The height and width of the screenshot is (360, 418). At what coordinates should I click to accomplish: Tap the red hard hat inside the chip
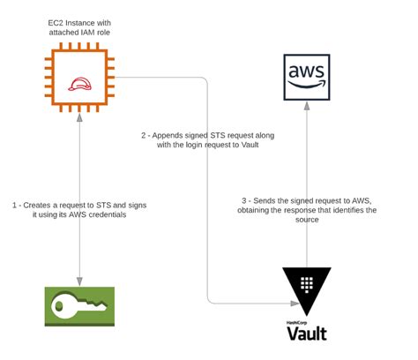point(79,84)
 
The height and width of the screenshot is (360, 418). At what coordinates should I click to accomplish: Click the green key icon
point(79,306)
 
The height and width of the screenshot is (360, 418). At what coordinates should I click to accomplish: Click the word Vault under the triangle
point(307,334)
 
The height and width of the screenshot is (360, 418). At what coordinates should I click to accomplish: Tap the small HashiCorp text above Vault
point(296,323)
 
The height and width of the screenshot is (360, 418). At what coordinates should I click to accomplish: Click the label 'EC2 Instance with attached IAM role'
point(79,27)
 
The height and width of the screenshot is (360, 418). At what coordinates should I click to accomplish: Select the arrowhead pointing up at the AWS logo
point(307,106)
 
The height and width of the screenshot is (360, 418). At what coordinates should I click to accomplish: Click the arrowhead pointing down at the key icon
point(79,281)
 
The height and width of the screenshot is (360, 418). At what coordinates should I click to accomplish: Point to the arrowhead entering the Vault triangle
point(295,304)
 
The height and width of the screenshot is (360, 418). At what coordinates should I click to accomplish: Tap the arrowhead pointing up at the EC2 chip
point(79,117)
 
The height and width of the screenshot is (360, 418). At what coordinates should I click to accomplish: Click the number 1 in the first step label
point(14,206)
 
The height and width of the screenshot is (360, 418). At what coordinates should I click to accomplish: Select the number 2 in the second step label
point(144,136)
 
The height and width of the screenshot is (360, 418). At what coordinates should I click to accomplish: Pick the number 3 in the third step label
point(244,201)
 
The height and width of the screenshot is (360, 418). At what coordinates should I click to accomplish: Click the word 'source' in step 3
point(307,220)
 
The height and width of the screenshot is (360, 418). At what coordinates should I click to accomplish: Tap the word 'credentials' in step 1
point(108,214)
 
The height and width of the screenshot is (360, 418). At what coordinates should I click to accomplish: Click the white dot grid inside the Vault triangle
point(307,284)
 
